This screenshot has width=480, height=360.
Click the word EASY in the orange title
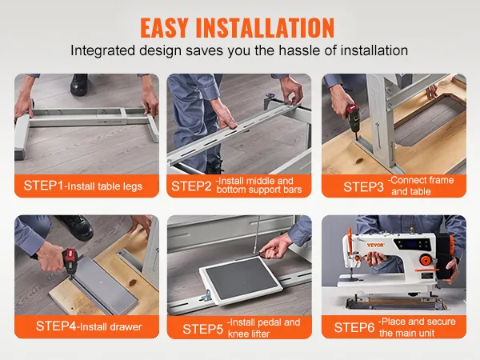coord(164,27)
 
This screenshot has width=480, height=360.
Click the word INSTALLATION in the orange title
coord(265,27)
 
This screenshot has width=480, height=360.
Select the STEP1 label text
coord(43,186)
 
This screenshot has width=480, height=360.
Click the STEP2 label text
coord(191,186)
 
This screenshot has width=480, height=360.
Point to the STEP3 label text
coord(363,186)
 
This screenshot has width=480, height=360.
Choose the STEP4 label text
coord(56,326)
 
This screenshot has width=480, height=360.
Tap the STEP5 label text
coord(202,329)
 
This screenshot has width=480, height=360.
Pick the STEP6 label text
coord(354,327)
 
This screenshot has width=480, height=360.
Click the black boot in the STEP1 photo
coord(79,84)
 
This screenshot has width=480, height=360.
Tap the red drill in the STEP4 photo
coord(72,261)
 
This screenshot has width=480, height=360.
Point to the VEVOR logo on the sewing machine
coord(375,245)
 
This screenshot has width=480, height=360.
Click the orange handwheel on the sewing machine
coord(425,261)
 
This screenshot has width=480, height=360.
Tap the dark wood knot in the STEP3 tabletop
coord(359,161)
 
